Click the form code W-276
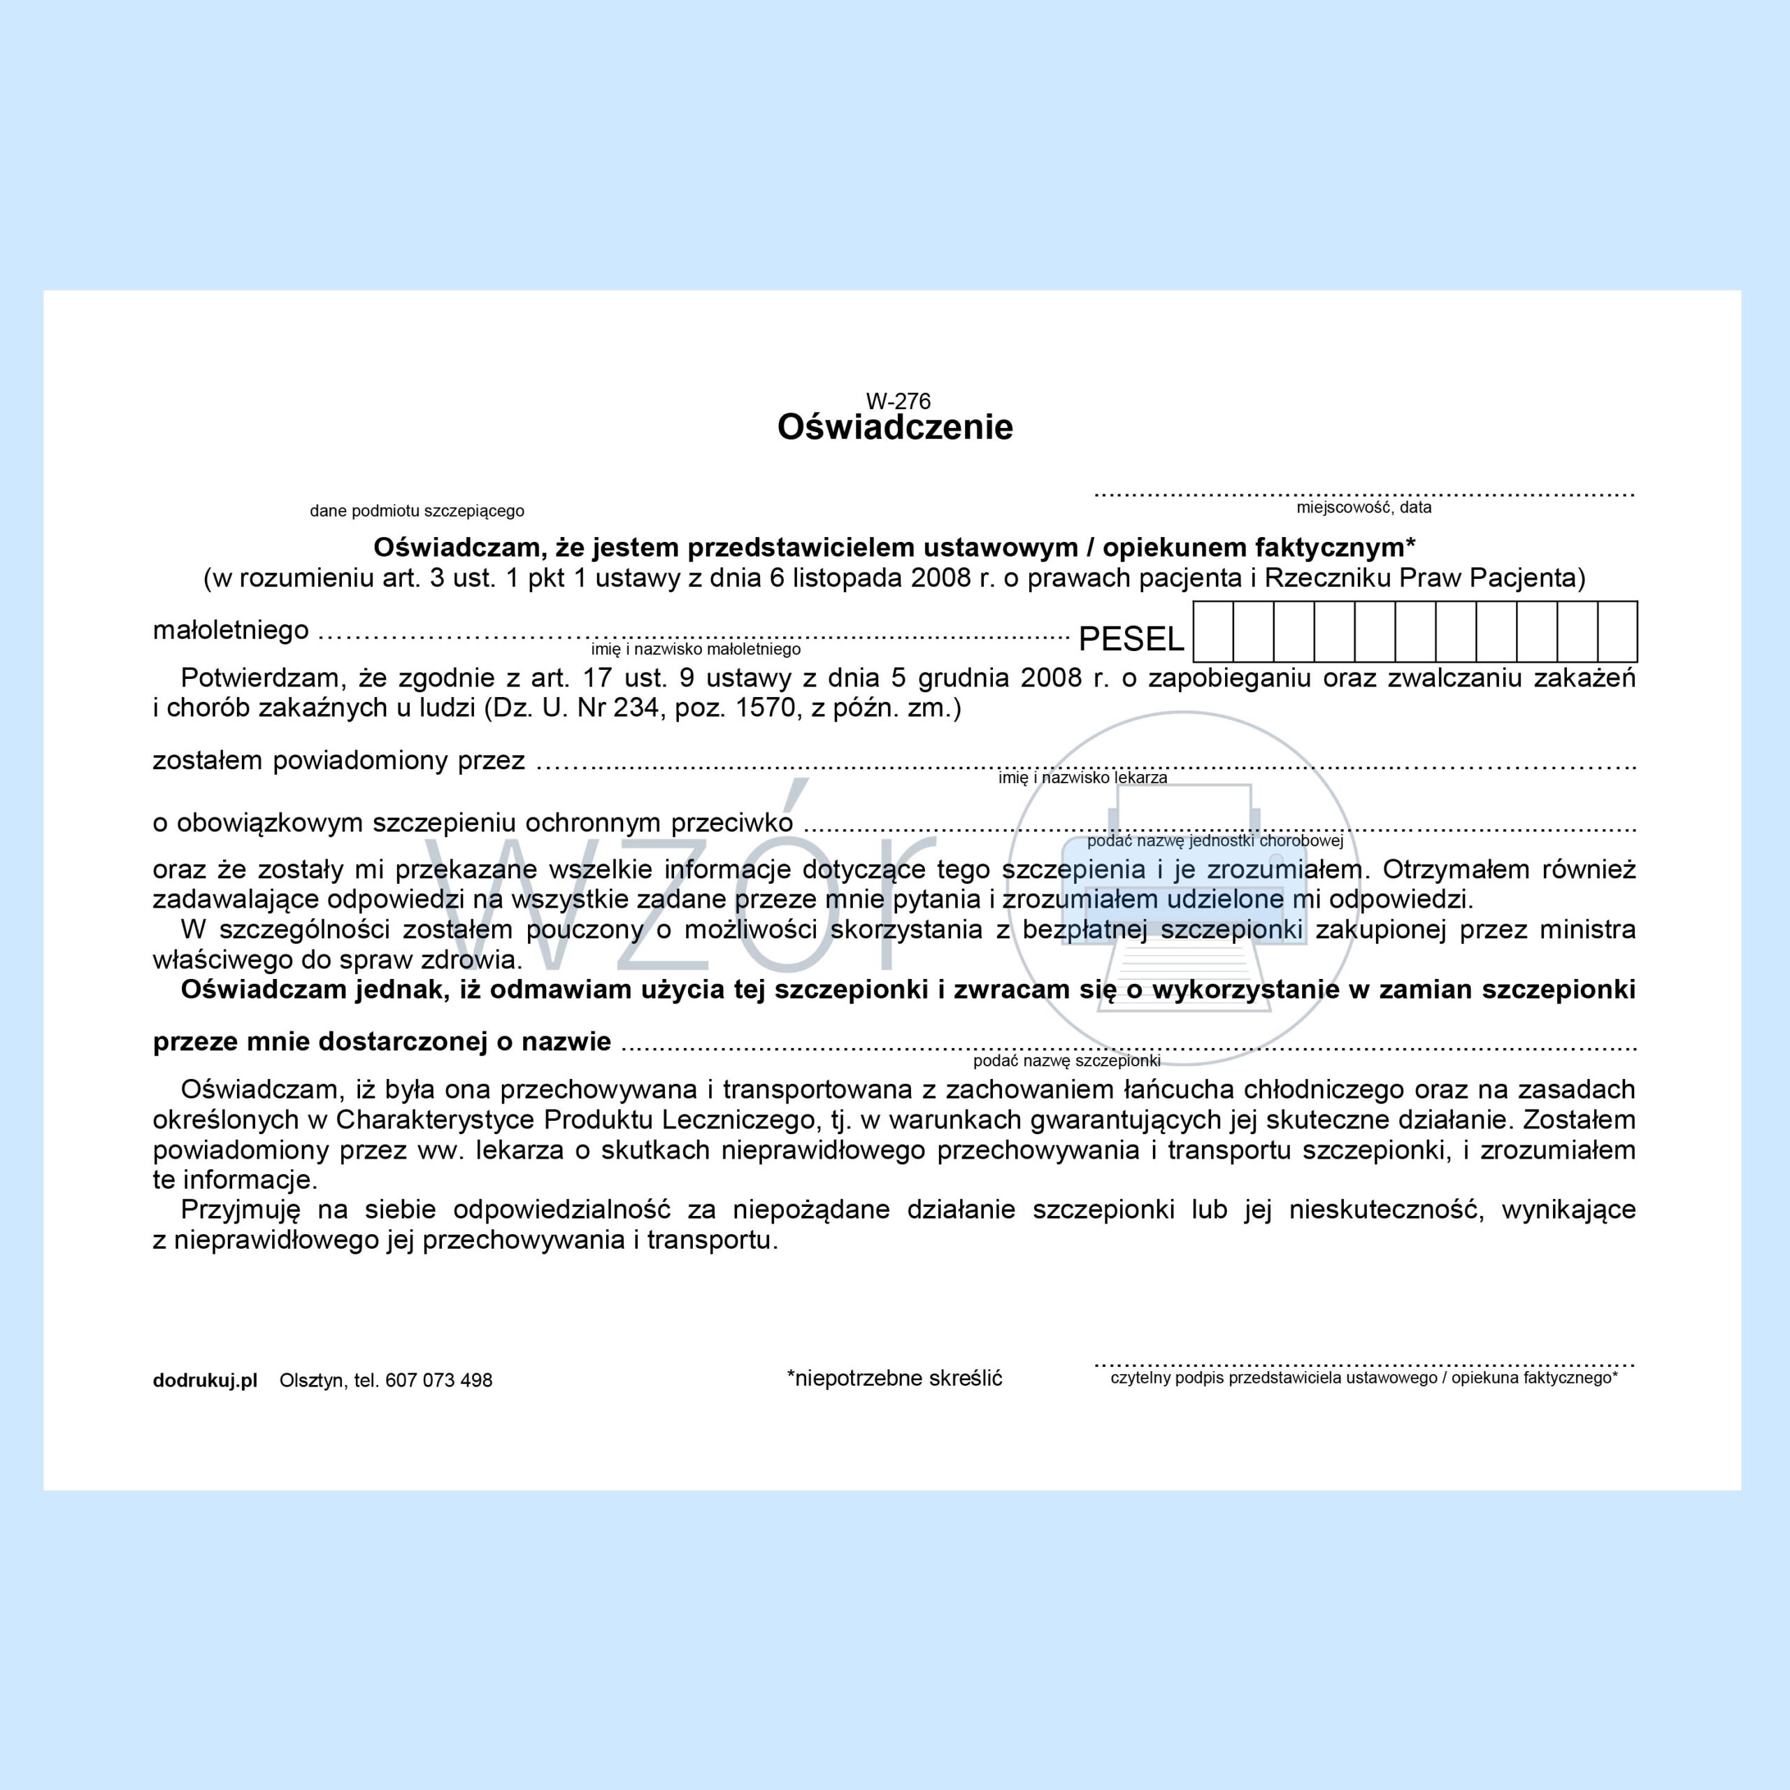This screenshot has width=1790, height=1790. click(898, 401)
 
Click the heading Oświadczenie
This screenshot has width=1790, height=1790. click(895, 427)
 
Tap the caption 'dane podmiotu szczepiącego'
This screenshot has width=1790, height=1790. click(417, 510)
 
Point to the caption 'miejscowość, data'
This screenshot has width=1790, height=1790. click(1363, 507)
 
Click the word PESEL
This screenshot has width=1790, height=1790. click(1131, 639)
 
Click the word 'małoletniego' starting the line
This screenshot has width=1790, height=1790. click(231, 630)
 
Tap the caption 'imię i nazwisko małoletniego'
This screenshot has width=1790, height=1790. click(696, 650)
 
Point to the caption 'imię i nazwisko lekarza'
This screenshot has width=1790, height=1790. click(1082, 778)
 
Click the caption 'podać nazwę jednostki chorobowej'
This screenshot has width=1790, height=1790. click(1215, 841)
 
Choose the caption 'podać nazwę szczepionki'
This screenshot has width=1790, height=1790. click(1066, 1061)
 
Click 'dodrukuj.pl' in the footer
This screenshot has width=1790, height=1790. click(205, 1380)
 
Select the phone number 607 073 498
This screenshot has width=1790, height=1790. click(438, 1380)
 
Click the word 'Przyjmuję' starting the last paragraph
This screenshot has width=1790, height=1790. click(241, 1210)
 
